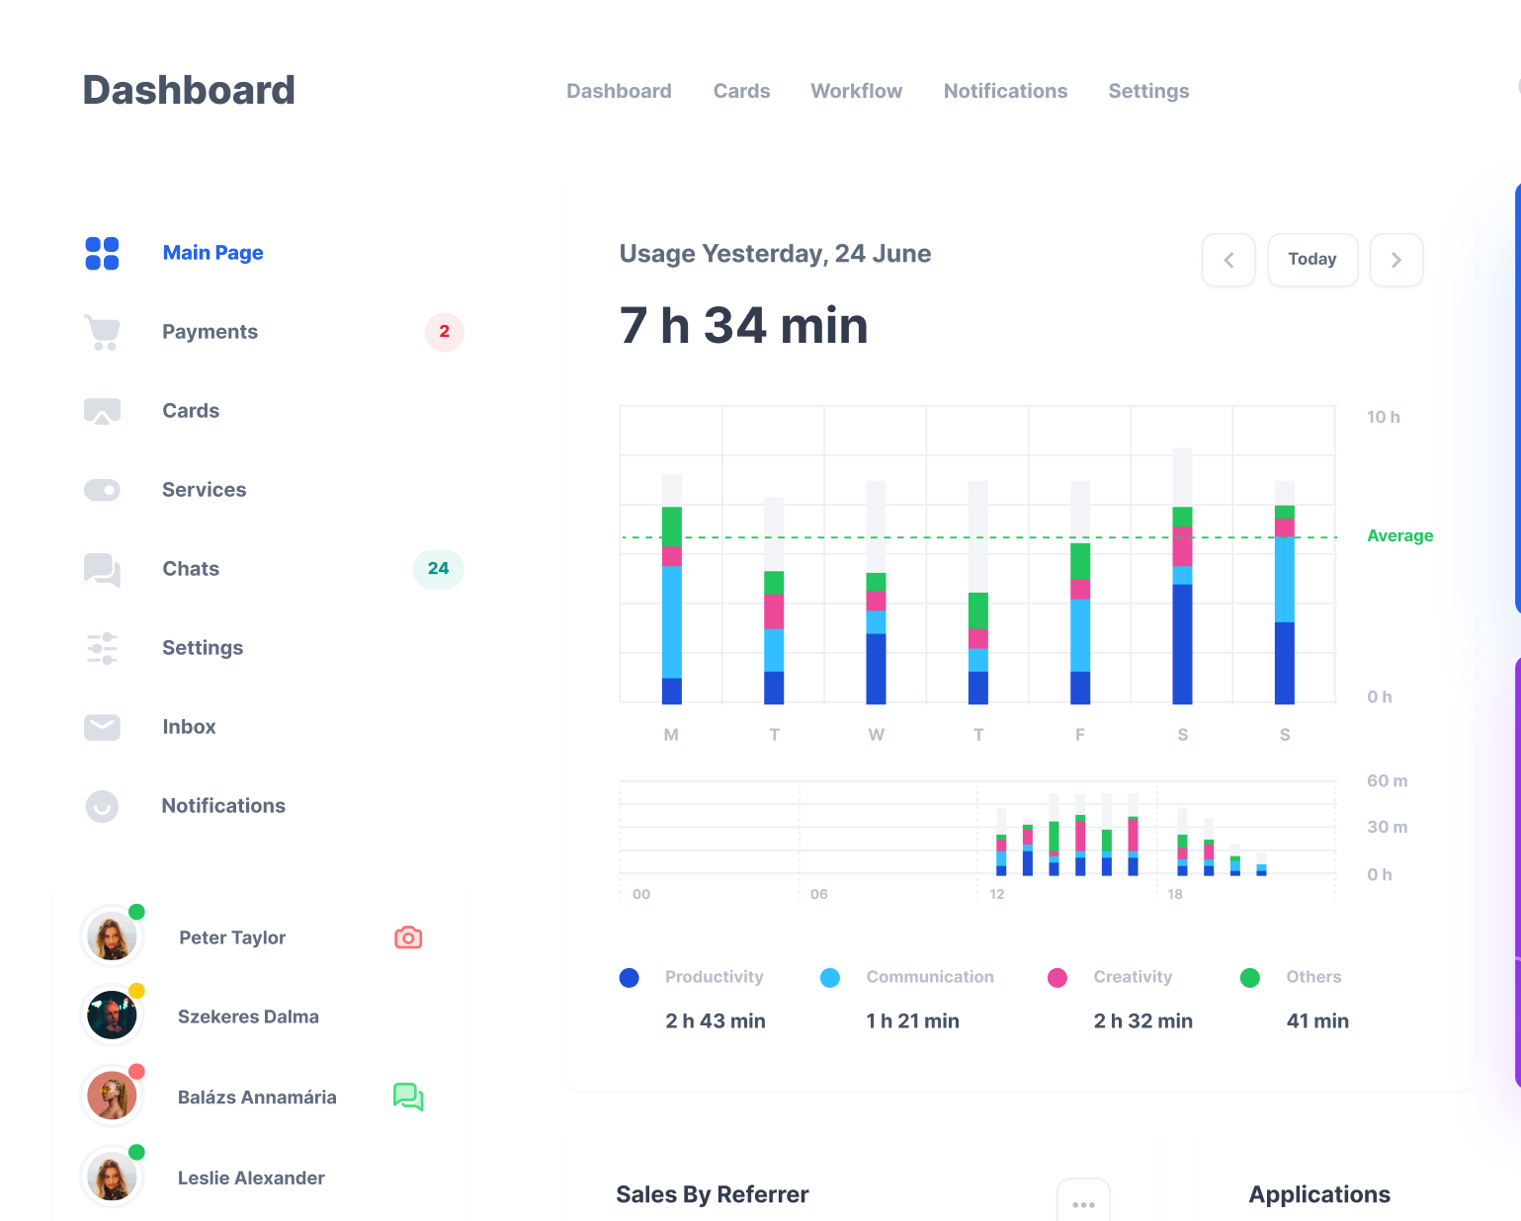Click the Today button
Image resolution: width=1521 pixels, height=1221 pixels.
point(1311,260)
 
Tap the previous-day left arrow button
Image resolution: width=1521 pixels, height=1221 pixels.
point(1228,260)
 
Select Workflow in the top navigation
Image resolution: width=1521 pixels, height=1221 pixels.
point(856,91)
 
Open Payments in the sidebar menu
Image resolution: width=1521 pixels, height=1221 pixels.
point(210,332)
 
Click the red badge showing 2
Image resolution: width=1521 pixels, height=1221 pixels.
point(444,332)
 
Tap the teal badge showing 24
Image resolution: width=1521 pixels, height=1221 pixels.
point(438,569)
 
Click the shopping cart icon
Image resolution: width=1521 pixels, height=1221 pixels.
point(102,333)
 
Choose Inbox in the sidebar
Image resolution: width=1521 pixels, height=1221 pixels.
point(189,727)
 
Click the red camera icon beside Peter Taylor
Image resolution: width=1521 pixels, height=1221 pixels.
point(408,937)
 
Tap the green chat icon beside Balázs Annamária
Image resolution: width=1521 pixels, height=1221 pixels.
point(408,1097)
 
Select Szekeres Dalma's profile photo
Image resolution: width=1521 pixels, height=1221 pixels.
point(112,1017)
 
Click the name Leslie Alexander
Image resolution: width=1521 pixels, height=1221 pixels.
point(251,1178)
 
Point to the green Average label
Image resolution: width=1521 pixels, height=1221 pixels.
point(1399,535)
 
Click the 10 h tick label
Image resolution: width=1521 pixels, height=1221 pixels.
point(1383,417)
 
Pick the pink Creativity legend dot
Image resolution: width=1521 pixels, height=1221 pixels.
point(1056,977)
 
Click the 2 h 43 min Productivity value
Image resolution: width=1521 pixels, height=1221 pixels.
point(716,1020)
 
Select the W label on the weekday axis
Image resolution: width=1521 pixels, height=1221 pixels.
point(876,735)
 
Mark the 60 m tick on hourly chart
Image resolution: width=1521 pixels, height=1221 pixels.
point(1387,780)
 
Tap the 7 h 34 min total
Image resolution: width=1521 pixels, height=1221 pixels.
point(743,326)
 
